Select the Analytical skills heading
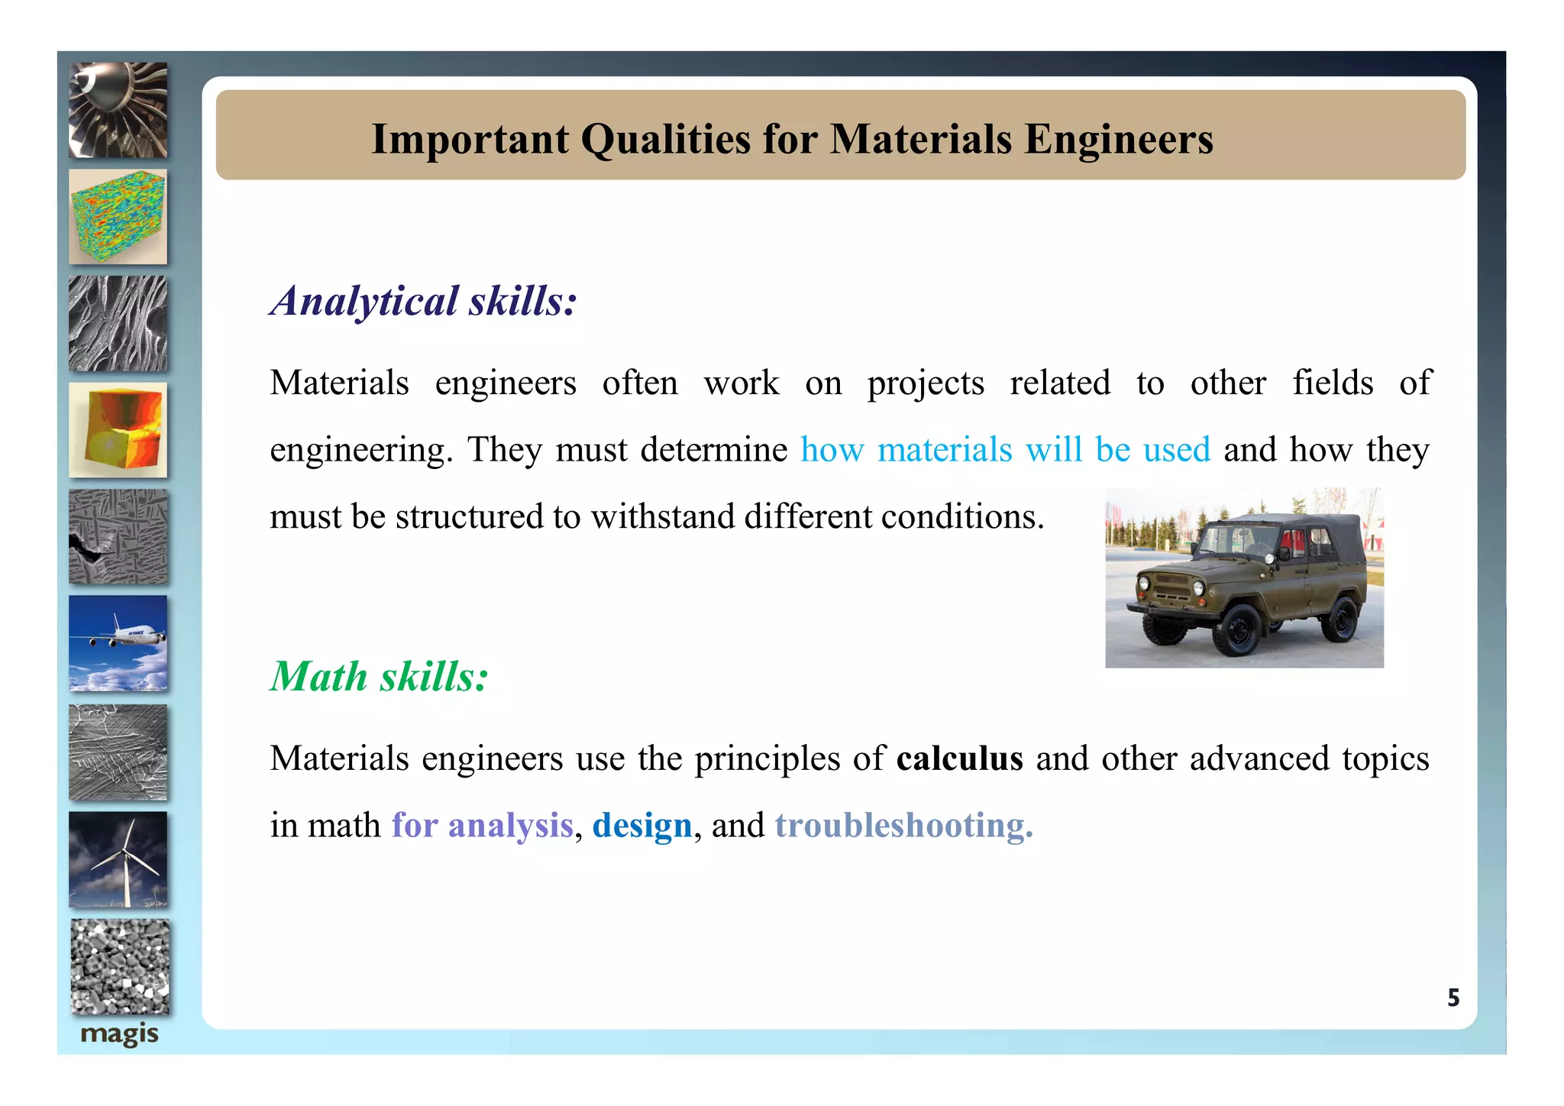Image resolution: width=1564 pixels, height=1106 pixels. (x=424, y=301)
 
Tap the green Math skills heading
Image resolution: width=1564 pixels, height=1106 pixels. (x=380, y=677)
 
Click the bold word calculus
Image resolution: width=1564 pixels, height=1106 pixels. (x=959, y=758)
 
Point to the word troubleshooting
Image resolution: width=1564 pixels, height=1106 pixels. (x=903, y=826)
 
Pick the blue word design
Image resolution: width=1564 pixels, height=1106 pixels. (x=641, y=826)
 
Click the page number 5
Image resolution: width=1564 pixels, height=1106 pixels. (x=1453, y=998)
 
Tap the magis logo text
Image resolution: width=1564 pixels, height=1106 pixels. (x=119, y=1034)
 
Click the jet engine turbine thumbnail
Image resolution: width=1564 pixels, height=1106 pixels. (x=118, y=111)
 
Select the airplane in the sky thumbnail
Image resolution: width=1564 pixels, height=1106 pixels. (x=118, y=643)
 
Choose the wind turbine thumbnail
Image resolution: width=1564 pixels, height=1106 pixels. (x=118, y=859)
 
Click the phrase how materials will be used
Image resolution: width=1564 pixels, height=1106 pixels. (x=1005, y=450)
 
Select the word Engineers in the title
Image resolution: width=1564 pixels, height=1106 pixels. (x=1118, y=139)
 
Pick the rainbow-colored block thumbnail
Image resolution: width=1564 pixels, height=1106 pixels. (x=118, y=217)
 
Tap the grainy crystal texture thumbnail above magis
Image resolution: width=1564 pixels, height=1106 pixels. (x=120, y=966)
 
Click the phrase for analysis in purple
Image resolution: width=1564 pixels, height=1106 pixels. (x=482, y=826)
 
